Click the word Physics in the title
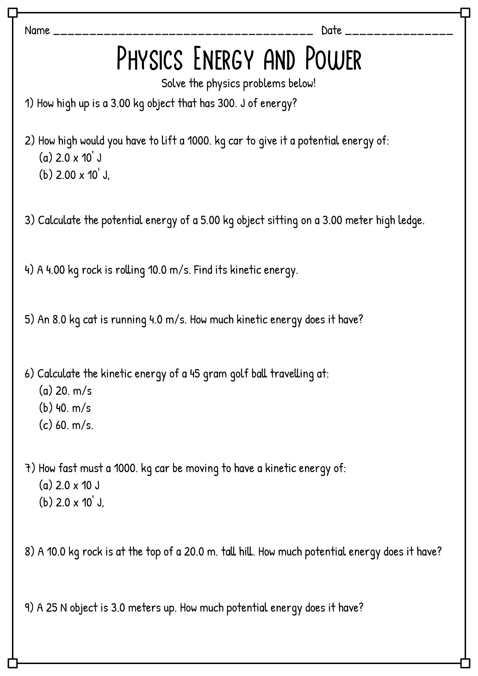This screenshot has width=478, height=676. (150, 59)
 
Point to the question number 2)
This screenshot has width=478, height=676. (30, 141)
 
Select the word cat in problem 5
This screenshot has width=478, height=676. (90, 320)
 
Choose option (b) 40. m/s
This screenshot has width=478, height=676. (65, 408)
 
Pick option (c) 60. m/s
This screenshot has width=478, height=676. (66, 425)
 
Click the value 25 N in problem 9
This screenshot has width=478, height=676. (56, 608)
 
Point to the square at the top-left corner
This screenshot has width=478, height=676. (12, 13)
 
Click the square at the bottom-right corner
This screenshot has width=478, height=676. (465, 663)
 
